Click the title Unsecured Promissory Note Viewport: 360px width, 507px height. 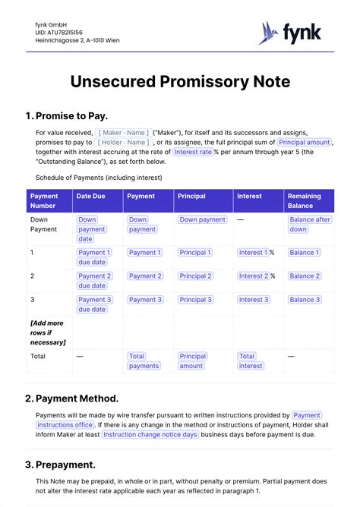[179, 82]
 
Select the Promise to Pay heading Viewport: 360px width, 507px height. [71, 116]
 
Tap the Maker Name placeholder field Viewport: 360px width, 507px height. [123, 133]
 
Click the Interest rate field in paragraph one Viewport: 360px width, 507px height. [193, 152]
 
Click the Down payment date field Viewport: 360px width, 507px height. [92, 228]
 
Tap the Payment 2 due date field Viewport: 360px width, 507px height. [94, 281]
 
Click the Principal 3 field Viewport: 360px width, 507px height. [195, 300]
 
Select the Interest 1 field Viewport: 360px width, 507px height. [252, 253]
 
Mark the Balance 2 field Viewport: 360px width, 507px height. [304, 276]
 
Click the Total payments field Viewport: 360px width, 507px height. [144, 361]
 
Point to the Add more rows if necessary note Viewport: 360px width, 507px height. [48, 332]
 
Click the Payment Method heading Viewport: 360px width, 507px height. [77, 398]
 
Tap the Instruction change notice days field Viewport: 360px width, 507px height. [150, 434]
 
